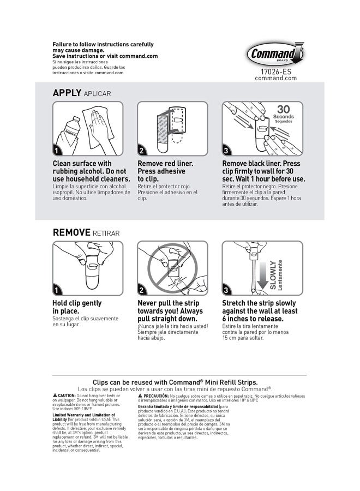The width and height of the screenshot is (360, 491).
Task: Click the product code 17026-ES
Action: click(x=276, y=71)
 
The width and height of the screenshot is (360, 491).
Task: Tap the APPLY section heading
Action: click(x=67, y=93)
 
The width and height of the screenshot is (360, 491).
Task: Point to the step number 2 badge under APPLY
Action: click(x=141, y=151)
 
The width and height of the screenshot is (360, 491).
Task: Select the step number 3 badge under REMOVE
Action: click(x=226, y=290)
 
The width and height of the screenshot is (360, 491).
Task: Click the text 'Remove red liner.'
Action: click(x=165, y=163)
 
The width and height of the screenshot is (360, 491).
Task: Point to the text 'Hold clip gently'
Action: click(x=77, y=303)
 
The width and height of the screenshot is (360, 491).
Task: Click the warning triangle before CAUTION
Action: click(x=55, y=394)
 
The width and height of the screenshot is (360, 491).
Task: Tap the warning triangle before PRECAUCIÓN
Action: click(x=140, y=394)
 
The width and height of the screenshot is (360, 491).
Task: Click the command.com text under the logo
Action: click(x=276, y=78)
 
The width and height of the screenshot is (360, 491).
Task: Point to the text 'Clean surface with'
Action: click(x=82, y=163)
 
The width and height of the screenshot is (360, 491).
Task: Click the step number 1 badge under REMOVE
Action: click(x=56, y=290)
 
